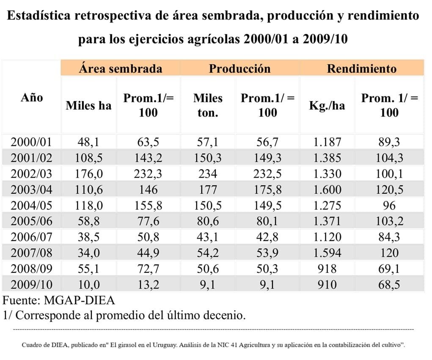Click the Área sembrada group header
coord(121,69)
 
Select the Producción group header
coord(239,69)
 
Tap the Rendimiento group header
coord(362,69)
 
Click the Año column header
coord(32,98)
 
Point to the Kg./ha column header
coord(327,105)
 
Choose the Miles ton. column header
coord(208,105)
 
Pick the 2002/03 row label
coord(32,173)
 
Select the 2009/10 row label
coord(32,284)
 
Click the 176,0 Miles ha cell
coord(89,173)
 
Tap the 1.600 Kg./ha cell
coord(327,190)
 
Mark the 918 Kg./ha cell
coord(327,269)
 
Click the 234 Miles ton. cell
coord(208,173)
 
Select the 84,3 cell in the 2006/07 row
coord(389,237)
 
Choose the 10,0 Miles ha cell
coord(89,284)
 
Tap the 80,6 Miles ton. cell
coord(208,221)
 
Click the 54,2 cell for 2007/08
coord(208,253)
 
